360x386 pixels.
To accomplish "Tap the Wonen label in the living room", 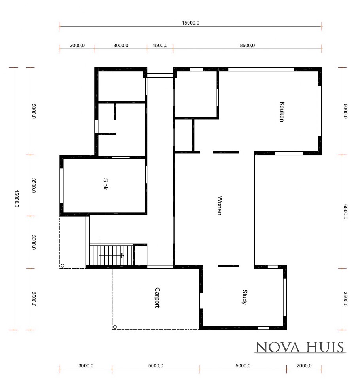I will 219,205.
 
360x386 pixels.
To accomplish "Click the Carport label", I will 157,297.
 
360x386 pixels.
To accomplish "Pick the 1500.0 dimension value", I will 160,45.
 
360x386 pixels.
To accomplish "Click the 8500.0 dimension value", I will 247,45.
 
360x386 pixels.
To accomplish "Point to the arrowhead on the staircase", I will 123,255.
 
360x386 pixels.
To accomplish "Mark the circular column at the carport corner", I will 115,327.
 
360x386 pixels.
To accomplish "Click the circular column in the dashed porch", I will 63,266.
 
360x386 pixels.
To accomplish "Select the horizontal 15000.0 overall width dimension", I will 190,23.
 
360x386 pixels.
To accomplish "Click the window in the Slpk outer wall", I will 61,186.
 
